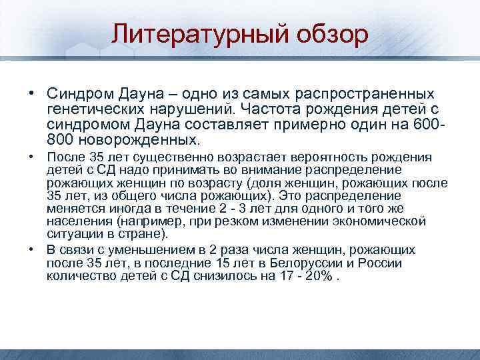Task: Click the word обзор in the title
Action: (x=328, y=34)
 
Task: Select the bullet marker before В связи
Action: (x=31, y=250)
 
